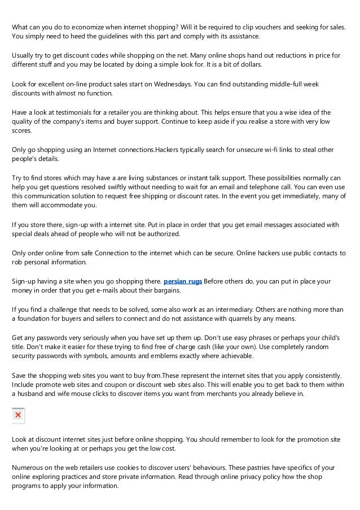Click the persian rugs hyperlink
point(182,281)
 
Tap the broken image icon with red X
point(18,415)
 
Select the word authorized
point(161,234)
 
